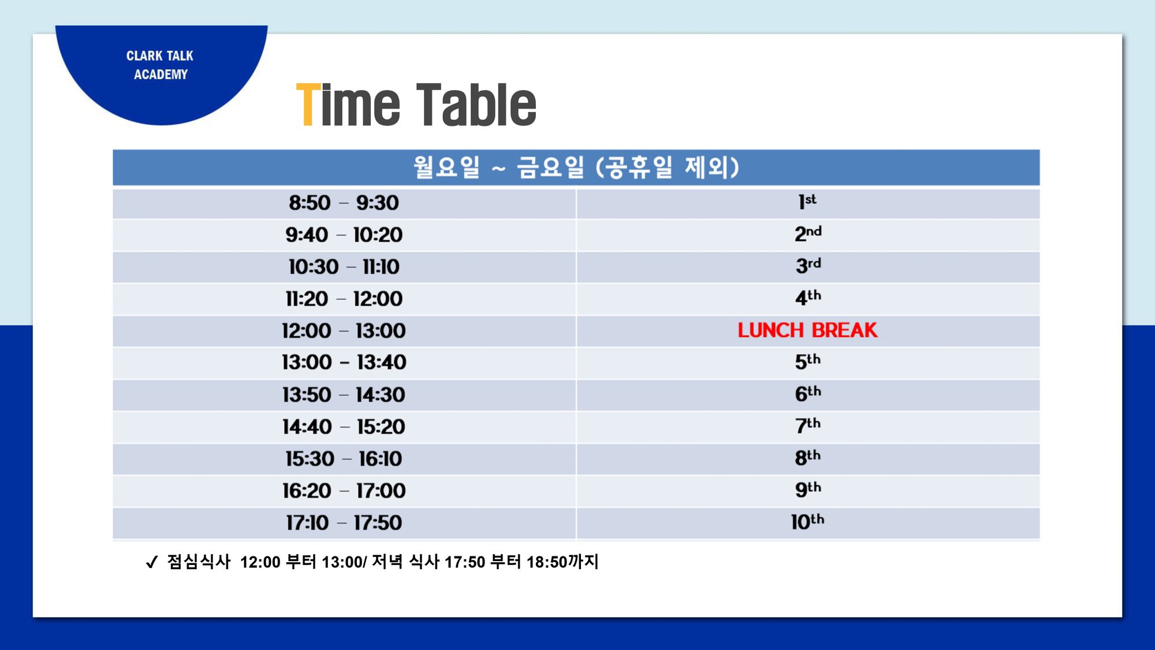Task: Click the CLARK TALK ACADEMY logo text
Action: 160,65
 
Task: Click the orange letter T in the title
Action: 308,105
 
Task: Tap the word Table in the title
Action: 476,105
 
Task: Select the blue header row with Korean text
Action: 576,168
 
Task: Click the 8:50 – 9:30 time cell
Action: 344,203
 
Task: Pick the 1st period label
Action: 807,202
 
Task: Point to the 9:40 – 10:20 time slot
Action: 344,235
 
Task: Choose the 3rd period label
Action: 808,265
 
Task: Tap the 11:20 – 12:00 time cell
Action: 344,299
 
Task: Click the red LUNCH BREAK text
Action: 807,330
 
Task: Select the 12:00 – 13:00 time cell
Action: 344,330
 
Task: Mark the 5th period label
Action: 808,361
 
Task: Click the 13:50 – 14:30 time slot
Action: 344,395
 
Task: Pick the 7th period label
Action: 808,425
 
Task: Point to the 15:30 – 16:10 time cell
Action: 344,459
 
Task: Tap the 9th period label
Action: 808,489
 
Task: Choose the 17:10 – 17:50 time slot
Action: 344,523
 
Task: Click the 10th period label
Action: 807,521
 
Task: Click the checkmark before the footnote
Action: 152,562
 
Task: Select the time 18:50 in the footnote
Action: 547,562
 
